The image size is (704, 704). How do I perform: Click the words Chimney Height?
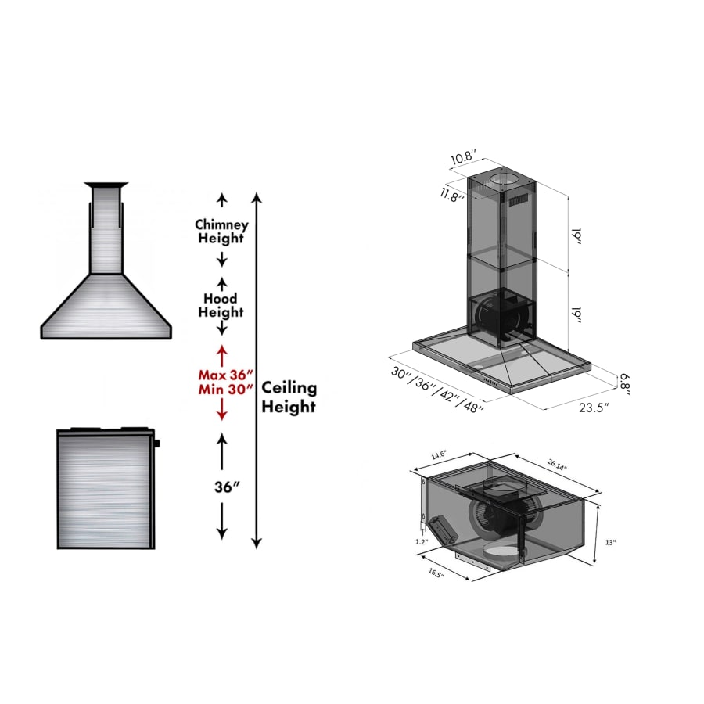coord(221,232)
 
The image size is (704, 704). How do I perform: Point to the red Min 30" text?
coord(225,389)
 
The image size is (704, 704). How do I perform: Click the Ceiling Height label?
coord(289,397)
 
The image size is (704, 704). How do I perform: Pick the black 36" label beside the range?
coord(226,487)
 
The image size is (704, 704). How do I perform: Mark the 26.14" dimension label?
coord(557,465)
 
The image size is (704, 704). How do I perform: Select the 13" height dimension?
coord(610,541)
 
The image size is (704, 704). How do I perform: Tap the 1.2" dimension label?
coord(422,541)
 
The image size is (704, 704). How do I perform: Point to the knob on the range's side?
coord(157,444)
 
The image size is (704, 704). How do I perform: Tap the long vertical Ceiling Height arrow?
coord(257,368)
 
